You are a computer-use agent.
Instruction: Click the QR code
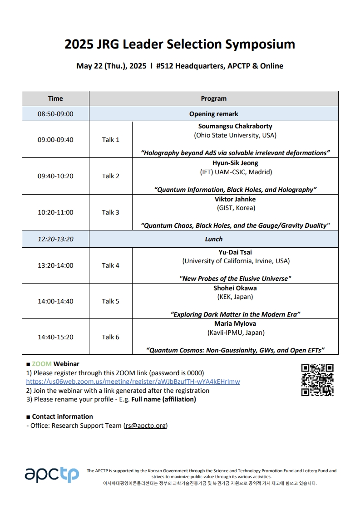317,380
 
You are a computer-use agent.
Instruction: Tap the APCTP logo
51,475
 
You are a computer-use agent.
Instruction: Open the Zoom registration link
133,382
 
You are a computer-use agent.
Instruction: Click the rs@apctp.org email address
146,426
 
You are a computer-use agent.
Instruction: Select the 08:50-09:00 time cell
55,114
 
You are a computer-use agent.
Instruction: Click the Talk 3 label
110,212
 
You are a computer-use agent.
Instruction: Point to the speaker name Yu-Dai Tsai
235,252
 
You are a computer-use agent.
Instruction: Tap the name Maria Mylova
235,323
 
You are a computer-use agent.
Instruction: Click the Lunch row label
213,239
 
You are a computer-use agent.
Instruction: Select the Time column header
55,98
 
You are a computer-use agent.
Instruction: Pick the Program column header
213,98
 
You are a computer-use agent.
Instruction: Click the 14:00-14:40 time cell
55,301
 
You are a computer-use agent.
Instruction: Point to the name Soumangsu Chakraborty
235,126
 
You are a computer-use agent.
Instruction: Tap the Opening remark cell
213,114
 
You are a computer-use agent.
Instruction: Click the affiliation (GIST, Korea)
235,208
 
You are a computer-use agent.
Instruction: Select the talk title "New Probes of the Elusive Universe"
235,279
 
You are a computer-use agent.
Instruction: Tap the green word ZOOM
42,364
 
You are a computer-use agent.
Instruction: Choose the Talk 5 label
110,301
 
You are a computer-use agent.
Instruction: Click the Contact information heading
62,416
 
